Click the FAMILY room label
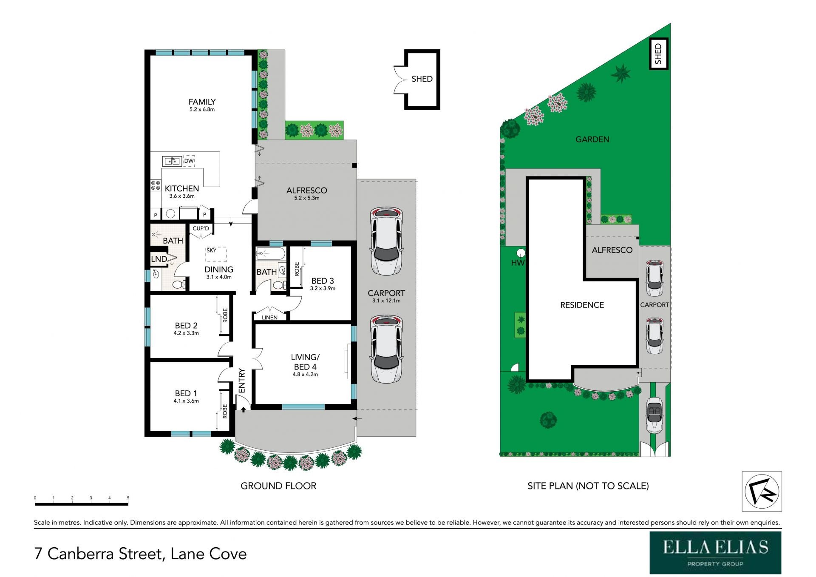[202, 102]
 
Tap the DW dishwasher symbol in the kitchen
[189, 161]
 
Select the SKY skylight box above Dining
[216, 254]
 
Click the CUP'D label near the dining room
[201, 228]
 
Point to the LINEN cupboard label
[269, 318]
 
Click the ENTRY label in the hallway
[242, 381]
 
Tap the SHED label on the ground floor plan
[422, 79]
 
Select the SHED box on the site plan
[659, 54]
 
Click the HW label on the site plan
[518, 263]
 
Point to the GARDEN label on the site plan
[592, 139]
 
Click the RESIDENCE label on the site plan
[582, 305]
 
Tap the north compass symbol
[762, 491]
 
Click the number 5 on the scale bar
[128, 497]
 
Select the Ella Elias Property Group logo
[715, 553]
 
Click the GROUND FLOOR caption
[278, 486]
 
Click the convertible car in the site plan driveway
[654, 415]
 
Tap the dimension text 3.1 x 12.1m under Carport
[386, 301]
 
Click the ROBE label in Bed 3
[297, 269]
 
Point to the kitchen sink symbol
[172, 161]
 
